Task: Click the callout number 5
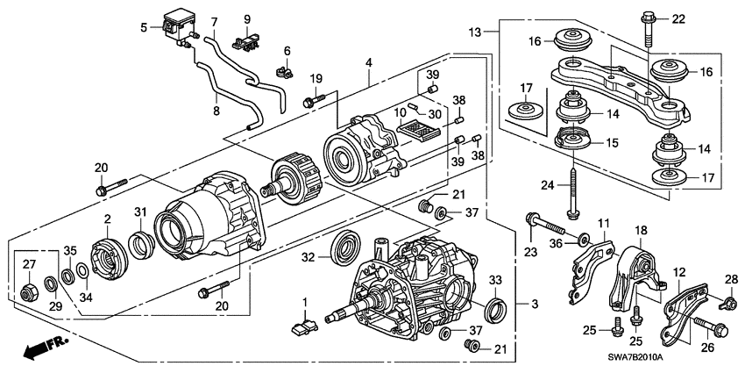pos(145,27)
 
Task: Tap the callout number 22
pos(678,19)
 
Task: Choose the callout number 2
pos(107,219)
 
